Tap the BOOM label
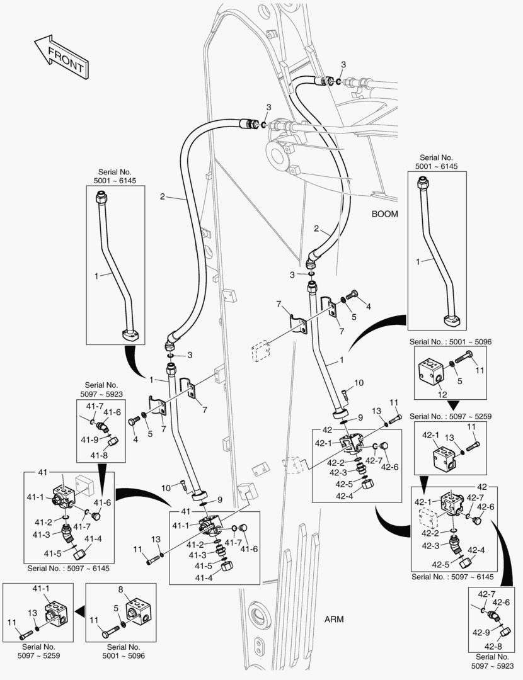384,213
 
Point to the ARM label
334,619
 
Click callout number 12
442,394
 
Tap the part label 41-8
98,455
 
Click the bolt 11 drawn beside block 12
469,361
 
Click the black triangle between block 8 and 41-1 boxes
79,610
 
